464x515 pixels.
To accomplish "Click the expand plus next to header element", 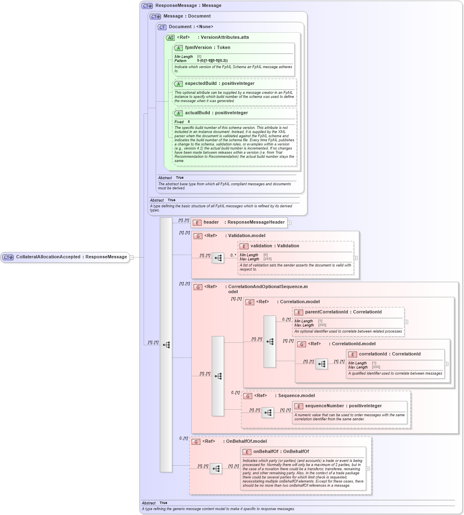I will click(289, 223).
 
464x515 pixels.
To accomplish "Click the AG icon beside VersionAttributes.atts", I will click(171, 38).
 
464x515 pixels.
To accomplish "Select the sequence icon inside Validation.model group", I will click(218, 258).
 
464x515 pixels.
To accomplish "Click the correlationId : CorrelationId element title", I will click(389, 354).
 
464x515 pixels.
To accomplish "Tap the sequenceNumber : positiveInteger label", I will click(343, 406).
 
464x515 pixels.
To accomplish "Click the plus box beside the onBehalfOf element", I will click(368, 469).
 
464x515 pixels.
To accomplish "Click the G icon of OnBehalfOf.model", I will click(196, 442).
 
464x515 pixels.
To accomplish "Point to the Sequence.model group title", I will click(296, 396).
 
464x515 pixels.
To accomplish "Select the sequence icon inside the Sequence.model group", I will click(268, 413).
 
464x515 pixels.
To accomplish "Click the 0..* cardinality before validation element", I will click(233, 255).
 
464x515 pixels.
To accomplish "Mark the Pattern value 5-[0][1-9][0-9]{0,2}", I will click(212, 61).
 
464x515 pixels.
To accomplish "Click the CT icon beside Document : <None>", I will click(162, 27).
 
